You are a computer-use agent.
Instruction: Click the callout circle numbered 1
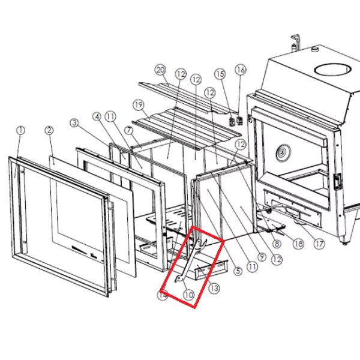[x=20, y=130]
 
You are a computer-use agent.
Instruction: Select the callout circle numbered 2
[x=49, y=130]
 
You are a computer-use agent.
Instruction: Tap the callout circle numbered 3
[x=74, y=123]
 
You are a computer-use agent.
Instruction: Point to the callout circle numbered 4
[x=97, y=116]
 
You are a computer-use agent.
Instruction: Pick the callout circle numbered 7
[x=129, y=130]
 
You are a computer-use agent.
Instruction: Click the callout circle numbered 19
[x=139, y=105]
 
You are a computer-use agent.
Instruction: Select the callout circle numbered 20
[x=160, y=70]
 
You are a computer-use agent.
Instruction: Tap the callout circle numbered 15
[x=220, y=74]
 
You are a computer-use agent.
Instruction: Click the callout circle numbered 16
[x=241, y=70]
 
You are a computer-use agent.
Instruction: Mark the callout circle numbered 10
[x=189, y=295]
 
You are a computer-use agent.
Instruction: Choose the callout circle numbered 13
[x=214, y=288]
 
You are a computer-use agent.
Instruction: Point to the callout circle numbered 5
[x=238, y=271]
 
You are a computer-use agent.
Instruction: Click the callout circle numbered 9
[x=262, y=257]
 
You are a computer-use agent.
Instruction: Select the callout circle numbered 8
[x=277, y=244]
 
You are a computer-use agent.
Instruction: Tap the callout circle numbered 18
[x=298, y=244]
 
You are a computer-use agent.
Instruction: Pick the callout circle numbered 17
[x=319, y=244]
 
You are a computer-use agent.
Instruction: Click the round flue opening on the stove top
[x=332, y=70]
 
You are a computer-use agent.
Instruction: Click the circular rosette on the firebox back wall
[x=283, y=152]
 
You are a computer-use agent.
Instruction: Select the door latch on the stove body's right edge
[x=337, y=182]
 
